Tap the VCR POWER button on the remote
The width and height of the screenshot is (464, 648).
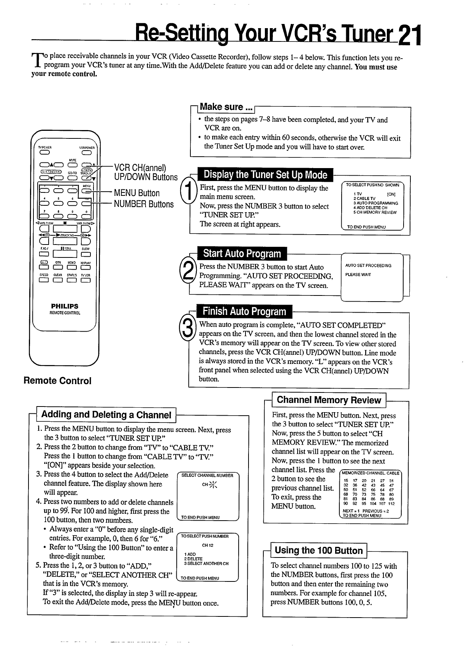pyautogui.click(x=86, y=153)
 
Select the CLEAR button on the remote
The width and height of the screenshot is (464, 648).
pyautogui.click(x=58, y=281)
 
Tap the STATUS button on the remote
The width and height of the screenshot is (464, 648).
pyautogui.click(x=72, y=281)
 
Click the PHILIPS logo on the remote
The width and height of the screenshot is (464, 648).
pyautogui.click(x=65, y=306)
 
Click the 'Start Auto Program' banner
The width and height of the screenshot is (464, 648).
pyautogui.click(x=242, y=254)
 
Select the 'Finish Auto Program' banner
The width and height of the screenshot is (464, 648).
pyautogui.click(x=244, y=311)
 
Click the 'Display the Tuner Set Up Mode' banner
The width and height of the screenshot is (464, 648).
pyautogui.click(x=265, y=175)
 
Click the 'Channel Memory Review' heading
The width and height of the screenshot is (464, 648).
pyautogui.click(x=329, y=400)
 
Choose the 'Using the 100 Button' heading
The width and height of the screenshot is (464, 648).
pyautogui.click(x=318, y=550)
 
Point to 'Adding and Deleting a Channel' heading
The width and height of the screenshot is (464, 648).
pyautogui.click(x=106, y=415)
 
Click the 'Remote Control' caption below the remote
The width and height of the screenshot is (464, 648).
pyautogui.click(x=57, y=381)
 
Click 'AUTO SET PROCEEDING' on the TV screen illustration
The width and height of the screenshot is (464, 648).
pyautogui.click(x=368, y=266)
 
